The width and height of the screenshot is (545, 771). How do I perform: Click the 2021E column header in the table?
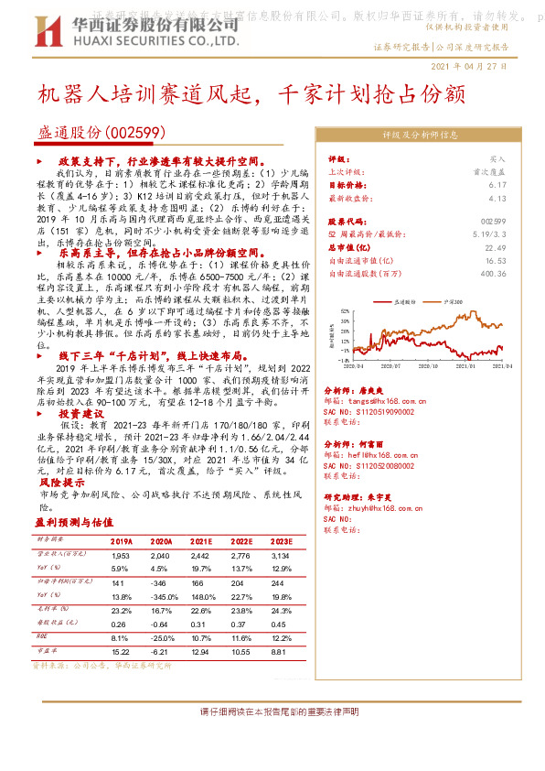click(x=200, y=540)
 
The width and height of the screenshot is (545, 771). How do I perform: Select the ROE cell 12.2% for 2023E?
click(x=280, y=637)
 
